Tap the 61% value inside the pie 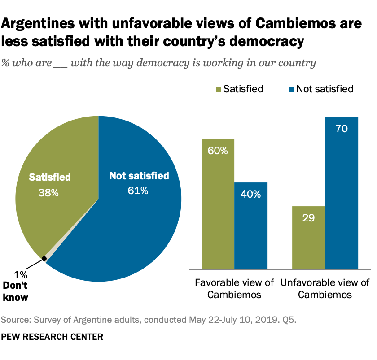[x=138, y=191]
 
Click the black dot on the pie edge [x=44, y=258]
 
